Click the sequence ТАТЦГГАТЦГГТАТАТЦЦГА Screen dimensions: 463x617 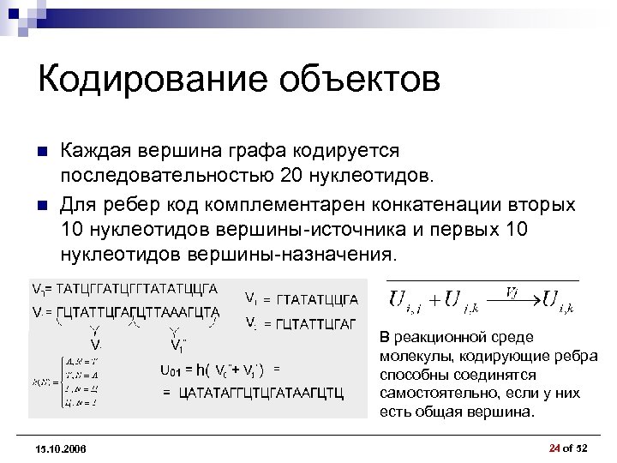click(135, 289)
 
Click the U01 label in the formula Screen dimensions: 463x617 click(171, 370)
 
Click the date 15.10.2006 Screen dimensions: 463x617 click(62, 448)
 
